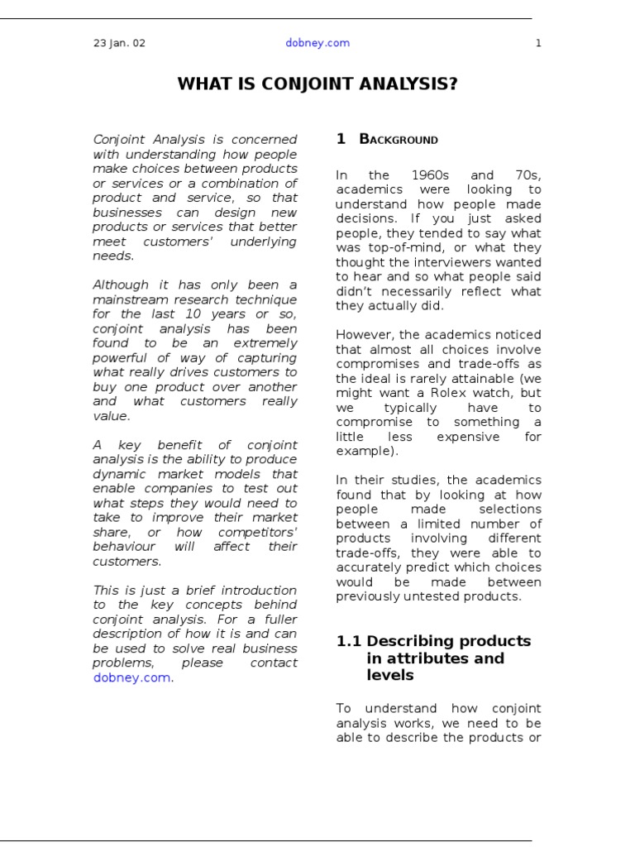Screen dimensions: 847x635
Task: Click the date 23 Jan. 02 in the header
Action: click(119, 43)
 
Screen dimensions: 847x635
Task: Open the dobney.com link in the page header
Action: click(317, 43)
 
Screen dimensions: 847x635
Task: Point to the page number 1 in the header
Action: click(538, 43)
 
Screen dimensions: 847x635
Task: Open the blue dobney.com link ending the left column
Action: click(131, 677)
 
